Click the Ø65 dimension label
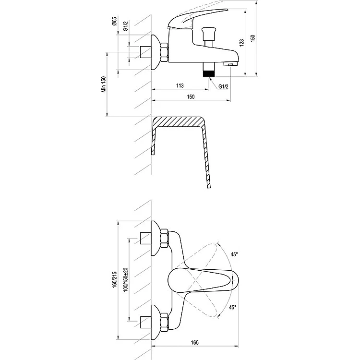click(114, 21)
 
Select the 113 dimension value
click(180, 85)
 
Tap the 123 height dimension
click(241, 43)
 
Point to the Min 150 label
click(104, 84)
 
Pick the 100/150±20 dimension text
click(125, 280)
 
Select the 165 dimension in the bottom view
click(194, 343)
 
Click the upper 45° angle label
click(234, 254)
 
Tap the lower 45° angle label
click(233, 307)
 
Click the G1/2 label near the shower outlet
click(223, 86)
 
